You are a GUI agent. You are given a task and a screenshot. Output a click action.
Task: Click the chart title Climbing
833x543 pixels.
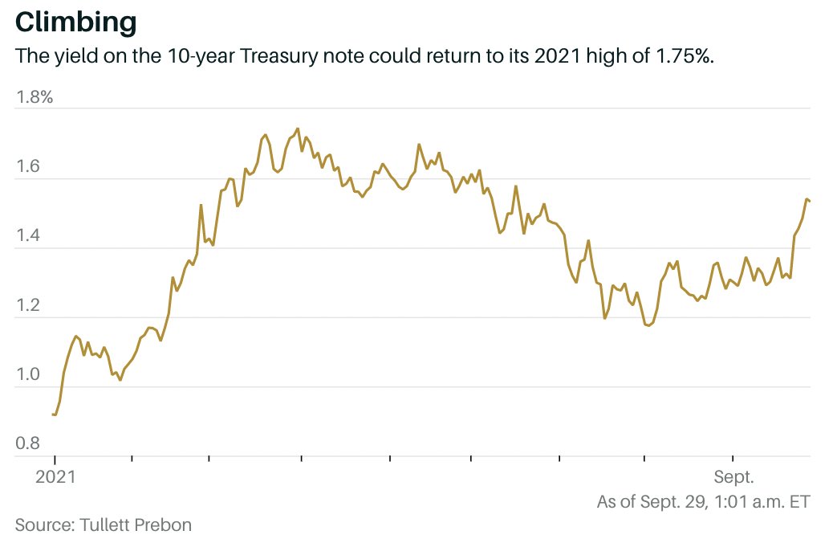coord(76,22)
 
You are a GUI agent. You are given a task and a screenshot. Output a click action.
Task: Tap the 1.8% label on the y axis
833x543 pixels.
coord(35,98)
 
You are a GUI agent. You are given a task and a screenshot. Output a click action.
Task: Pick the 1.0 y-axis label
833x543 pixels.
coord(29,374)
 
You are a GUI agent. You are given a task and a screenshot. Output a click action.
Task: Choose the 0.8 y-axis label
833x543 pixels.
coord(29,443)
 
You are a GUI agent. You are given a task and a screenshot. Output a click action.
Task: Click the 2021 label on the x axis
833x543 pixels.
coord(55,477)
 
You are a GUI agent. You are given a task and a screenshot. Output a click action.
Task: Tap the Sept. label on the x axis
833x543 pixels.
coord(733,477)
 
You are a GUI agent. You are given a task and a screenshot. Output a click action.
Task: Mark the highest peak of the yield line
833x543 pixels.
coord(298,129)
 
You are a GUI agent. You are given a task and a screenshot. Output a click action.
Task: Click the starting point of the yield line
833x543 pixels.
coord(53,414)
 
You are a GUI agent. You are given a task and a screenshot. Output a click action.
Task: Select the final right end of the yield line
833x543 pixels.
coord(810,201)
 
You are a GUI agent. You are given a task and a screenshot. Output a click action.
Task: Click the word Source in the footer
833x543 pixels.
coord(45,525)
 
